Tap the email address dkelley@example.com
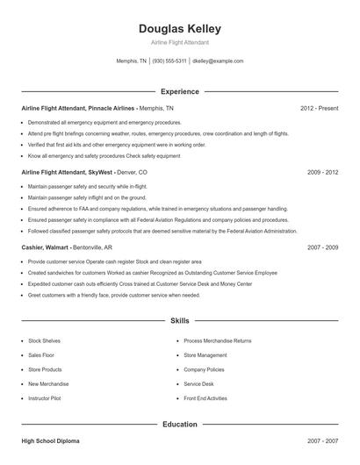pyautogui.click(x=217, y=61)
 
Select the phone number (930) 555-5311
pyautogui.click(x=169, y=61)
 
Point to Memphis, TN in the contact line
pyautogui.click(x=132, y=61)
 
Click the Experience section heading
pyautogui.click(x=179, y=91)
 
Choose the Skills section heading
pyautogui.click(x=179, y=322)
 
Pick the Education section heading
pyautogui.click(x=179, y=424)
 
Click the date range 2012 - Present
pyautogui.click(x=319, y=108)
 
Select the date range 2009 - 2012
pyautogui.click(x=322, y=173)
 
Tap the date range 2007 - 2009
pyautogui.click(x=322, y=248)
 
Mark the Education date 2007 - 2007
pyautogui.click(x=322, y=440)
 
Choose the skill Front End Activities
pyautogui.click(x=205, y=398)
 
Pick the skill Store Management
pyautogui.click(x=205, y=355)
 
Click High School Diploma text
pyautogui.click(x=51, y=440)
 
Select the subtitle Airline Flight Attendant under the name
pyautogui.click(x=179, y=42)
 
